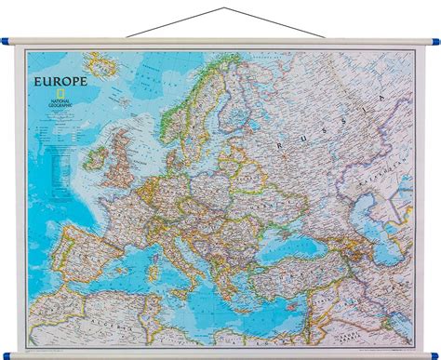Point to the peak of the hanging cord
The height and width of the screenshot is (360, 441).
(221, 7)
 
